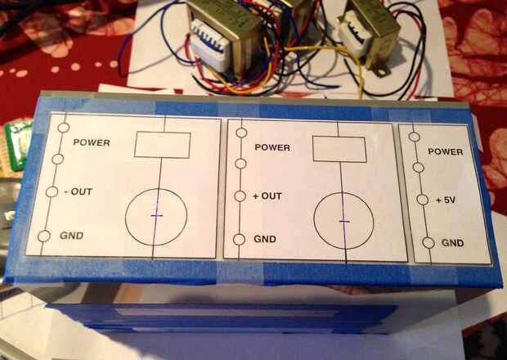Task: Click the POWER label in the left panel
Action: (91, 142)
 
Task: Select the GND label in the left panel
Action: (72, 236)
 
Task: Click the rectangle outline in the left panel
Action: (162, 144)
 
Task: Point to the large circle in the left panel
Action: (156, 216)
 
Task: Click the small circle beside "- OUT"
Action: (52, 191)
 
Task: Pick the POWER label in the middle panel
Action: (272, 147)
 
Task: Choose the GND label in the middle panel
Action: (264, 239)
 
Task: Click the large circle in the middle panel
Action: (345, 221)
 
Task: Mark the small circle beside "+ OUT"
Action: (240, 196)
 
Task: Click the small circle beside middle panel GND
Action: (239, 240)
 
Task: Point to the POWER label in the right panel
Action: (446, 151)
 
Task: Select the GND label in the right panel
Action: (453, 243)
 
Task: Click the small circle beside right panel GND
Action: (428, 243)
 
